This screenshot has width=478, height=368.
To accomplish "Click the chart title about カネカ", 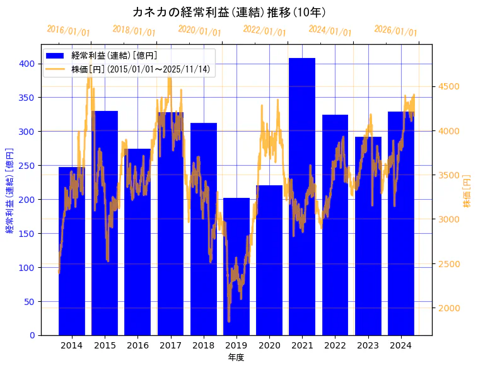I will (x=229, y=13).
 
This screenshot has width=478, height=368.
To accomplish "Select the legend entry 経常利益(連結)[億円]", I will (x=114, y=56).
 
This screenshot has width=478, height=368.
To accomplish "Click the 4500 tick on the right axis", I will (x=450, y=87).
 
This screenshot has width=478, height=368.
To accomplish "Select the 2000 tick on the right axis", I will (x=450, y=308).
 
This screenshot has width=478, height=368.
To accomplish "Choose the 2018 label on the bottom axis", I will (x=203, y=345).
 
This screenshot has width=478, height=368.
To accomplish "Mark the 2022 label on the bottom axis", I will (x=335, y=345).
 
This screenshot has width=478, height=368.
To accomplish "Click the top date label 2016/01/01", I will (x=69, y=31).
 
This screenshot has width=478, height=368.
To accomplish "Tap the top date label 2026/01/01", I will (x=395, y=31).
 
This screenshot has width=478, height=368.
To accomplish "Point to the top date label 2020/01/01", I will (x=199, y=31).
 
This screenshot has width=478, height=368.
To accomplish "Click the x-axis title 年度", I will (x=236, y=357).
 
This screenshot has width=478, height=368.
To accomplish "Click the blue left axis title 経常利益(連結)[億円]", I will (x=9, y=191).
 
